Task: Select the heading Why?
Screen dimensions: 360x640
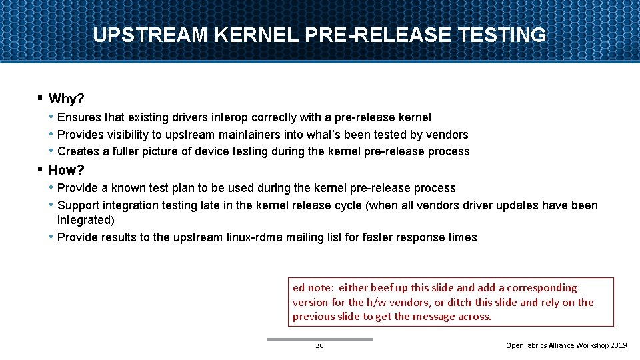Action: [67, 99]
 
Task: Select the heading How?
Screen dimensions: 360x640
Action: [67, 170]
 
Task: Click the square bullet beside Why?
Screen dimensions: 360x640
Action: [41, 99]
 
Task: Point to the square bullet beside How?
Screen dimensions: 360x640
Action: [41, 169]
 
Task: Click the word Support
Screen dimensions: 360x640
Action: [79, 205]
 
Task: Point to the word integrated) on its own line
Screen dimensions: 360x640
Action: [86, 220]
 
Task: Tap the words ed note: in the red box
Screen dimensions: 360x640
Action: [313, 288]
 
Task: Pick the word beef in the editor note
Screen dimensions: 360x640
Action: [381, 288]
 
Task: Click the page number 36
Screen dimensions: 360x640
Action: [319, 346]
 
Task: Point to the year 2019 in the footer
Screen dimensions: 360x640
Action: [619, 346]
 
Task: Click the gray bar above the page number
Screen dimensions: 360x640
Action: [319, 339]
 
